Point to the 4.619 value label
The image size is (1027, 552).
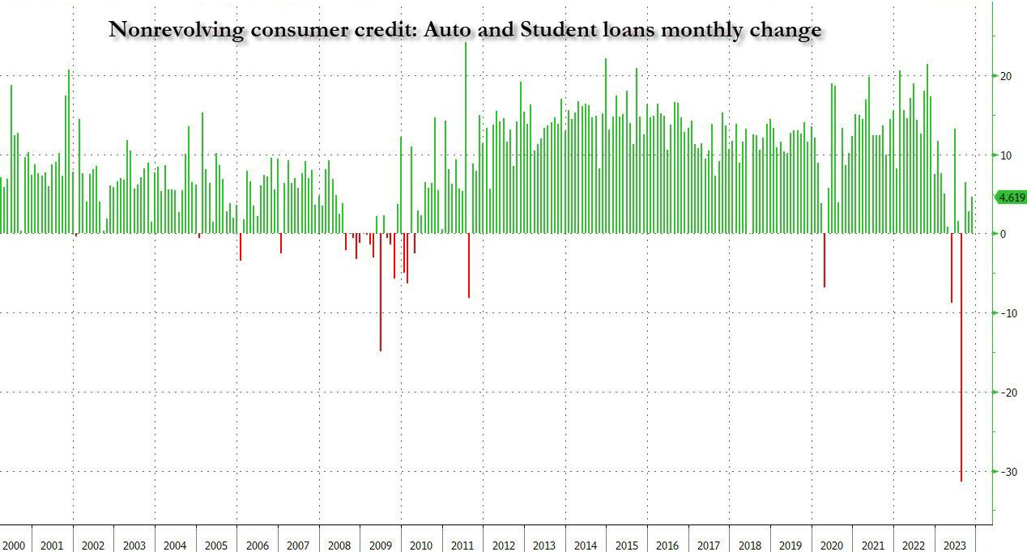pos(1010,198)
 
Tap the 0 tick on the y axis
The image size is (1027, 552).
pos(1004,234)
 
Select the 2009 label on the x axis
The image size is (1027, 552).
pos(380,546)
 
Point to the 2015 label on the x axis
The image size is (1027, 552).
pos(626,546)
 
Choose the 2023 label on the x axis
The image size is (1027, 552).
pos(954,546)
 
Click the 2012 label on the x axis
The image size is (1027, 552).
pos(503,546)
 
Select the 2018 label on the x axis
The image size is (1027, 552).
pos(749,546)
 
